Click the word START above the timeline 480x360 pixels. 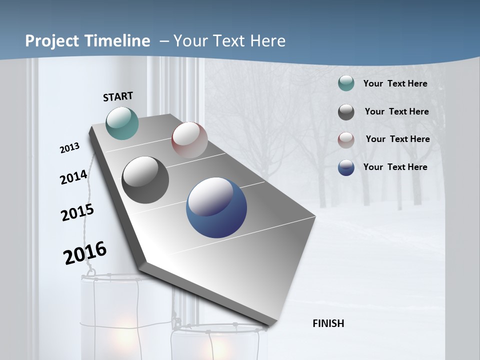(x=118, y=96)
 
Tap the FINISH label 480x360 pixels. (x=328, y=323)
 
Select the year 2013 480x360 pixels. (x=70, y=148)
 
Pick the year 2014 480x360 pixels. (x=73, y=177)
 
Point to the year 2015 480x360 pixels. (x=77, y=212)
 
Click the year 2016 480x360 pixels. (x=85, y=253)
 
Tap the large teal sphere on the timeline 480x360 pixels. (x=122, y=123)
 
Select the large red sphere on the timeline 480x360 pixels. (x=189, y=140)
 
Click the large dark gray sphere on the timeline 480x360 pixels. (x=145, y=180)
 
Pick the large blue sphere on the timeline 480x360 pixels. (x=216, y=207)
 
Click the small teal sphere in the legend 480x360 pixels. (x=346, y=83)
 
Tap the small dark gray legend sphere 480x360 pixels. (x=346, y=112)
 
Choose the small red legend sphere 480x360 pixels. (x=346, y=140)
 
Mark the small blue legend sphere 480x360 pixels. (x=346, y=167)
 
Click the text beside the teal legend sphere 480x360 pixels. (x=395, y=83)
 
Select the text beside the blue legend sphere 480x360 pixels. (x=395, y=167)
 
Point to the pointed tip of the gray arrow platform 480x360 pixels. (x=268, y=326)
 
